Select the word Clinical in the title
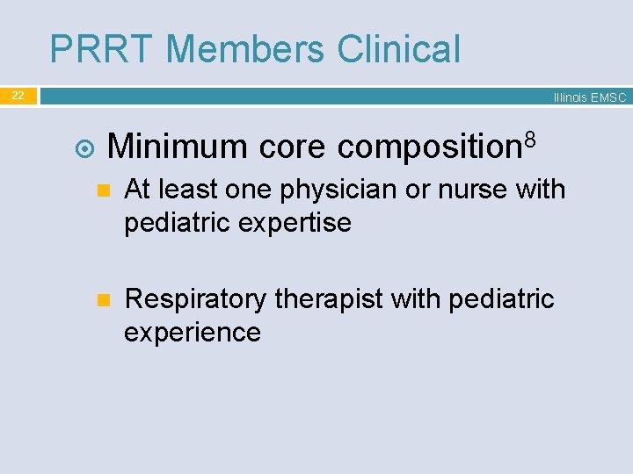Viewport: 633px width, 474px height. (399, 49)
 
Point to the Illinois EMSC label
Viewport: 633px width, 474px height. (589, 98)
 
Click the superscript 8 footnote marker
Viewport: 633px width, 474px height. (530, 137)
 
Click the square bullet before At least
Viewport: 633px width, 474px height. (102, 190)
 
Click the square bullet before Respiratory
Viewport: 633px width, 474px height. (102, 300)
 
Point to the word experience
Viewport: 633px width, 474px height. (193, 333)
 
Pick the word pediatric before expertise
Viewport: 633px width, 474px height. (177, 223)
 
